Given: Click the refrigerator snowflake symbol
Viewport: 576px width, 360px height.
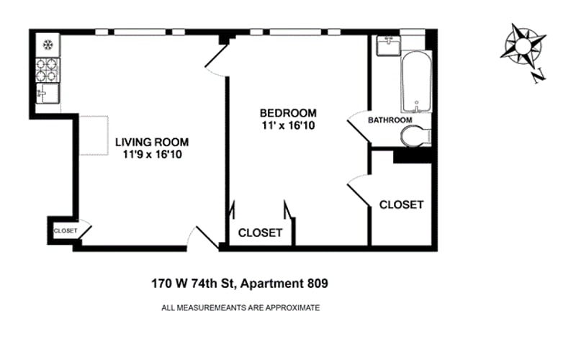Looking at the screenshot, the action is (48, 45).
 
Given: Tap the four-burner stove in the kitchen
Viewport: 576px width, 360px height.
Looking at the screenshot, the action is (48, 70).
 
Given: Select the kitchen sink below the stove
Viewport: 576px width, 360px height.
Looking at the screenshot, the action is (48, 94).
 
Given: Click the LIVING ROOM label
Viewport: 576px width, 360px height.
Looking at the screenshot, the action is (152, 142).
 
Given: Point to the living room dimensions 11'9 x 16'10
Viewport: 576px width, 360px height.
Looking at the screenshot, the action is (153, 154).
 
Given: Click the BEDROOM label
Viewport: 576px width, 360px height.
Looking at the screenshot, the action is (288, 113).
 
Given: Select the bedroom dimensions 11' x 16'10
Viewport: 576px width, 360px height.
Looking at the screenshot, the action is (289, 125).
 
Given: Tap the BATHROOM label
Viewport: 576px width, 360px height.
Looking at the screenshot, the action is (390, 120).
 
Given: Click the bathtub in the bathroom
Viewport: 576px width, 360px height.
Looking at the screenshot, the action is (416, 81).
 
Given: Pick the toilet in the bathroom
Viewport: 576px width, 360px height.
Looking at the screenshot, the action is (416, 136).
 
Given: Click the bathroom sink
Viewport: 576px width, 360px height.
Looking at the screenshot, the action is (388, 45).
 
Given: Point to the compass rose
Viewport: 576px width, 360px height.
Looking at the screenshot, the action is (523, 47).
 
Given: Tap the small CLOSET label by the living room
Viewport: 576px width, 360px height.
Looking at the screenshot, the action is (66, 231).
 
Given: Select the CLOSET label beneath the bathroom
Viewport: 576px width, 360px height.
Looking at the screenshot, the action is (402, 204).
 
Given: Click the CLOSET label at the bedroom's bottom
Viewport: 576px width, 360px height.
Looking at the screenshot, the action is (261, 233).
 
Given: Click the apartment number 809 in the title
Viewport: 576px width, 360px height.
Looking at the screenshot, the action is (318, 284).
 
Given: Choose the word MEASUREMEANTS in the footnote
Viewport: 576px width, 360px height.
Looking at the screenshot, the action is (212, 308).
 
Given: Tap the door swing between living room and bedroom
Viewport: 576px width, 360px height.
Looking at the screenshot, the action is (217, 62).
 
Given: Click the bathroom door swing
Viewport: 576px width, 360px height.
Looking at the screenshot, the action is (359, 127).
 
